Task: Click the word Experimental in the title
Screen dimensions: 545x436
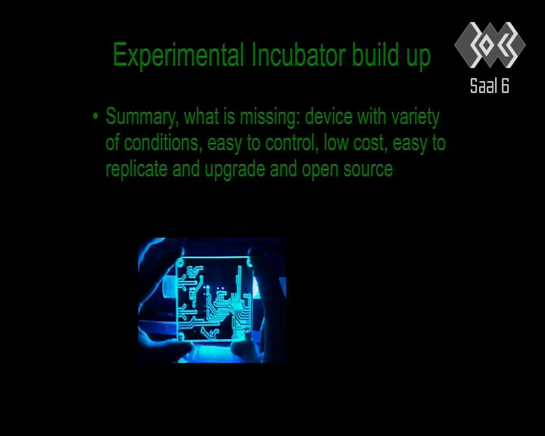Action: coord(178,55)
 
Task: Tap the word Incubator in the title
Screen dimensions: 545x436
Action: coord(298,55)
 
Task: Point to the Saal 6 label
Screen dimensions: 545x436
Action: coord(490,86)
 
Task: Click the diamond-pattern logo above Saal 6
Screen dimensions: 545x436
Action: coord(490,45)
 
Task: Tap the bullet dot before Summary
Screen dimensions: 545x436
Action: coord(95,116)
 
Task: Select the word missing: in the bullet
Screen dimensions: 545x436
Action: coord(269,117)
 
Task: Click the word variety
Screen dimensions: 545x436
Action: coord(416,117)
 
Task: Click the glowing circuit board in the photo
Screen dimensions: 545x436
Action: coord(213,299)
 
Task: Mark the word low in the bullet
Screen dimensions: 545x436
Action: coord(335,143)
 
